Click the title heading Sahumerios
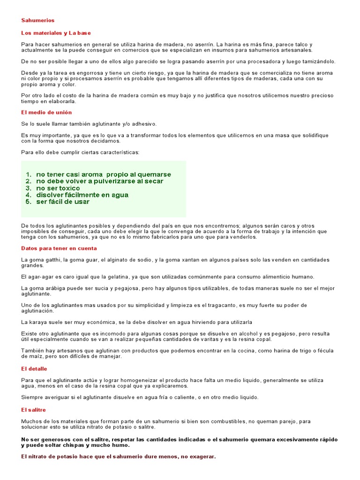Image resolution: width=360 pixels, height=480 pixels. pos(38,21)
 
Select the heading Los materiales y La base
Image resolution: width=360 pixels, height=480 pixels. pos(56,33)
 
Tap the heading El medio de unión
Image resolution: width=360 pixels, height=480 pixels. pos(46,112)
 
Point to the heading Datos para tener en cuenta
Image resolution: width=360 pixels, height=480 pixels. pos(59,248)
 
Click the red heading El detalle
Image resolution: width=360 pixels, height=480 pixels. pos(34,369)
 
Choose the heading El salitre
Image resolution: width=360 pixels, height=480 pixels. pos(34,410)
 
